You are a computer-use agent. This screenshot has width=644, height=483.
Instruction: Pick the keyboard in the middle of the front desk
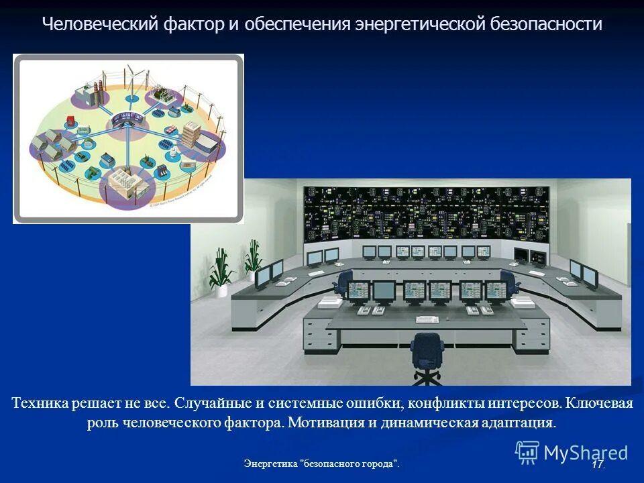click(427, 319)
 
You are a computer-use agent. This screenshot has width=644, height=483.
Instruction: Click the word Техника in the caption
click(39, 404)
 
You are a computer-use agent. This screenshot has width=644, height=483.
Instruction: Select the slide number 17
click(597, 464)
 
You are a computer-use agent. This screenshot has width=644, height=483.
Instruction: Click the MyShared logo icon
click(527, 453)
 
